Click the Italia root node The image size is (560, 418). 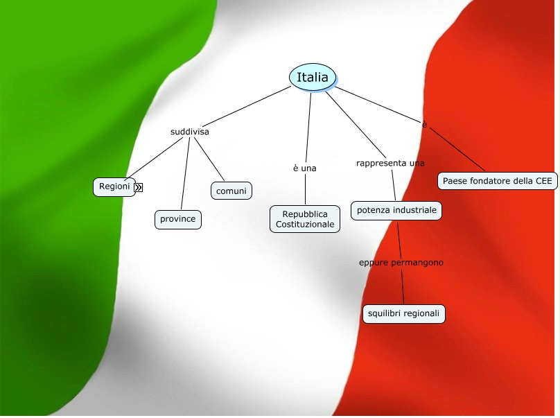click(x=313, y=78)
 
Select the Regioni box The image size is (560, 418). click(x=114, y=186)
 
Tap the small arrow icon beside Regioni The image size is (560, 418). click(x=139, y=187)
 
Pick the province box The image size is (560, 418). click(x=177, y=219)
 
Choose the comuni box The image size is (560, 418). click(x=231, y=191)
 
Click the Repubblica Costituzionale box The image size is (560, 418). click(x=305, y=218)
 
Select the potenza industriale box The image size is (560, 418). click(x=396, y=210)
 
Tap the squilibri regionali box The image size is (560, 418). click(x=403, y=314)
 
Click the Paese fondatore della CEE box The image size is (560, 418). click(x=497, y=181)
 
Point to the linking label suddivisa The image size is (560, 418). click(x=189, y=132)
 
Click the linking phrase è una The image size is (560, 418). click(x=304, y=168)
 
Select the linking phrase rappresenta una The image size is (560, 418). click(x=390, y=164)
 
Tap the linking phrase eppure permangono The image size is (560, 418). click(x=401, y=263)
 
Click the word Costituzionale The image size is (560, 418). click(x=305, y=225)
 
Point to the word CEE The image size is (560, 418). click(x=544, y=181)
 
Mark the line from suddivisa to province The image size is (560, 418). click(x=184, y=173)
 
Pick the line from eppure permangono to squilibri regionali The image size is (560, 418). click(x=403, y=288)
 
